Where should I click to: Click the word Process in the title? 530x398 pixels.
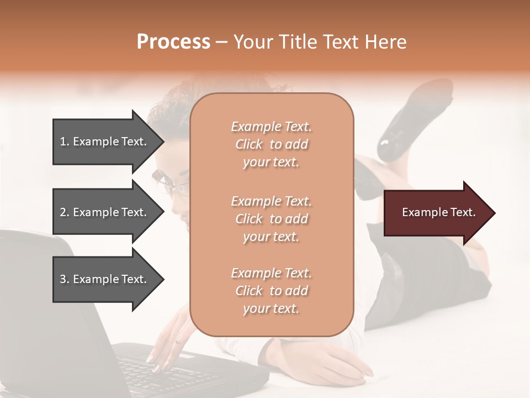173,42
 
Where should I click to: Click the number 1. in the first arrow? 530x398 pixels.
65,142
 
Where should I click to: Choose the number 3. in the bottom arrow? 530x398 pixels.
65,279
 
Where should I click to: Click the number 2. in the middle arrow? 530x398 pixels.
65,212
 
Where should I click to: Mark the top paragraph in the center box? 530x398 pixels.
271,144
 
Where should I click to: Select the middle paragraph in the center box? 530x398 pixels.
271,219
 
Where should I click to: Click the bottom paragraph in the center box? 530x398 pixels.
271,291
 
